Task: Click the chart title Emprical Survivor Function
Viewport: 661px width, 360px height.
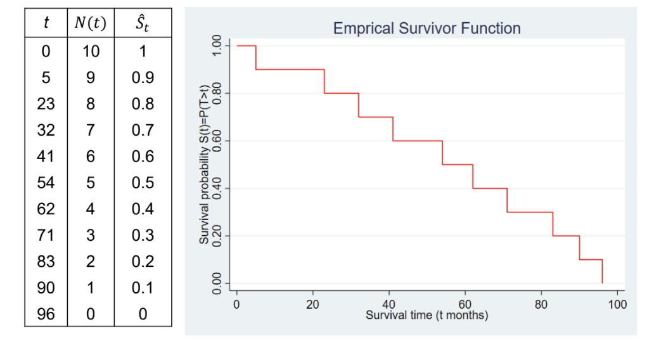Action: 427,29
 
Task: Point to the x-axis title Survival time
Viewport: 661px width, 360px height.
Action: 427,315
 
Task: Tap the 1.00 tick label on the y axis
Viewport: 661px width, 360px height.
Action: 217,46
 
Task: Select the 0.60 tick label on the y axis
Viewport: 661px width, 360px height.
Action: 217,141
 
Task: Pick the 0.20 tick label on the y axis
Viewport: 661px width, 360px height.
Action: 217,236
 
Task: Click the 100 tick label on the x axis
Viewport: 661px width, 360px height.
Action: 617,305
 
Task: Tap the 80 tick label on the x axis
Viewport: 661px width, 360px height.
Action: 541,305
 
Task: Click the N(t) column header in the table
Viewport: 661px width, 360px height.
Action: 91,25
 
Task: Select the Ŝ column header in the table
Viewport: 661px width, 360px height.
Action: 143,25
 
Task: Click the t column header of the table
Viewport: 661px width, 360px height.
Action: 46,25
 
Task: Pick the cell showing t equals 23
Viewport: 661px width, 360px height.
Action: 46,104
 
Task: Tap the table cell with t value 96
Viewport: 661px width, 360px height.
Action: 46,314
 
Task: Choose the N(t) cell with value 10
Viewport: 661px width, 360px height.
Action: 91,51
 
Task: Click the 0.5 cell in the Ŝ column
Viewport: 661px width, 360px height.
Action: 143,183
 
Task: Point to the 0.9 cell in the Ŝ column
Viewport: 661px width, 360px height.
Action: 143,77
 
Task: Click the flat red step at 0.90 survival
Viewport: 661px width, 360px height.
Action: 290,70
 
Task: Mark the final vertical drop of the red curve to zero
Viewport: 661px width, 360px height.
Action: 602,271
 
